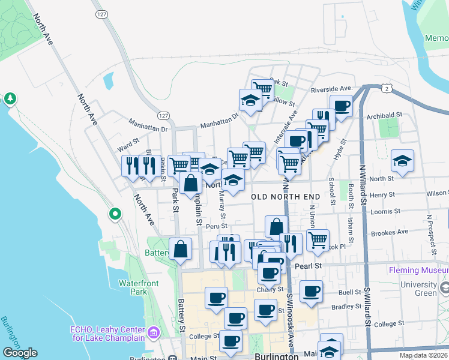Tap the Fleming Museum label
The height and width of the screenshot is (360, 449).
click(418, 271)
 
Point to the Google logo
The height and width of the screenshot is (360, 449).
click(20, 353)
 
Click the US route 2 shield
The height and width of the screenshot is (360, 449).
click(387, 89)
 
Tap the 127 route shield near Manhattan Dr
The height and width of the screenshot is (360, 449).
click(163, 115)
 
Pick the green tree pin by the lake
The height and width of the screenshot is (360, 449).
click(10, 98)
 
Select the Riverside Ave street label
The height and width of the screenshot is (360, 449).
click(330, 89)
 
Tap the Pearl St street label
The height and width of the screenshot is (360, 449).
click(310, 265)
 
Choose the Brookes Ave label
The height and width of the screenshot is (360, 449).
click(390, 232)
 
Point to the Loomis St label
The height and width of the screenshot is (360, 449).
click(385, 212)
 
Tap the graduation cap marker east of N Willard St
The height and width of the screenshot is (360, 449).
click(402, 161)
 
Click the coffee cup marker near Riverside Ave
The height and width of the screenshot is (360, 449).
click(341, 107)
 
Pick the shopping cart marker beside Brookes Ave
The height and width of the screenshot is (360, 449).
click(318, 240)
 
